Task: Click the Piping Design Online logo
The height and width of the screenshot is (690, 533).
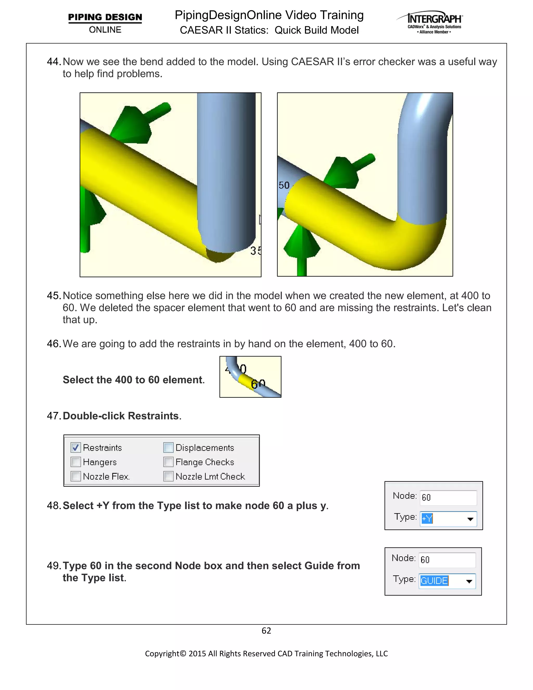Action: (x=105, y=23)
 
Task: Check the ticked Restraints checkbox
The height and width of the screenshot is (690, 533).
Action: (x=76, y=447)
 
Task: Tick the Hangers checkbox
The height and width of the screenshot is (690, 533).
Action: (x=76, y=462)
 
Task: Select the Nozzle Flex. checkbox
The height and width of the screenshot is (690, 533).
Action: (x=76, y=476)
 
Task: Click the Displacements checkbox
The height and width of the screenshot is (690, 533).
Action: (x=168, y=447)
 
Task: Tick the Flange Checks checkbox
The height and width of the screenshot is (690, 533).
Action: (x=168, y=462)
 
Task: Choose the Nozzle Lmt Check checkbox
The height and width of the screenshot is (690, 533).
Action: (x=168, y=476)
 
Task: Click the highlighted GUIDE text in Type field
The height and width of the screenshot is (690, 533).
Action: (x=434, y=581)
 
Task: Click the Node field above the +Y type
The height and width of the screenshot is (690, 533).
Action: (x=448, y=498)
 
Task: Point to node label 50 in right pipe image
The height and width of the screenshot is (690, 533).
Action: (x=284, y=185)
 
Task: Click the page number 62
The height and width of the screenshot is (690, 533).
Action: (x=266, y=631)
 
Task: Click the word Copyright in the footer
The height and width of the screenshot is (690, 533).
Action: (x=162, y=653)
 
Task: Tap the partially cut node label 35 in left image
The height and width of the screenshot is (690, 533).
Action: (x=256, y=250)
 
